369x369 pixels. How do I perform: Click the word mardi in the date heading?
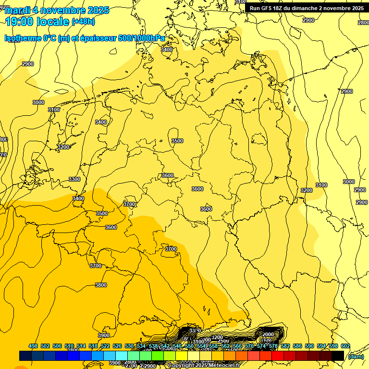18,10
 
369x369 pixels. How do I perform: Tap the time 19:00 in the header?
19,21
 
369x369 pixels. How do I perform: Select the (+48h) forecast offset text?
83,22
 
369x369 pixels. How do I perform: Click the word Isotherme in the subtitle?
23,38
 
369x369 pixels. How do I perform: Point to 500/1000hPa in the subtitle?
143,38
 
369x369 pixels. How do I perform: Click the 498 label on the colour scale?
33,346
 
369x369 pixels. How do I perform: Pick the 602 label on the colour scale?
345,346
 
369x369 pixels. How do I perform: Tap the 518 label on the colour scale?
93,346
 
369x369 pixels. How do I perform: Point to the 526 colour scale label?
117,346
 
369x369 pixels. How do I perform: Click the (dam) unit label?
356,356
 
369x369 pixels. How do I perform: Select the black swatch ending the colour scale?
337,356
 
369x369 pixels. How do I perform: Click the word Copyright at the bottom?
181,366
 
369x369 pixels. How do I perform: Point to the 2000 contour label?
268,334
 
